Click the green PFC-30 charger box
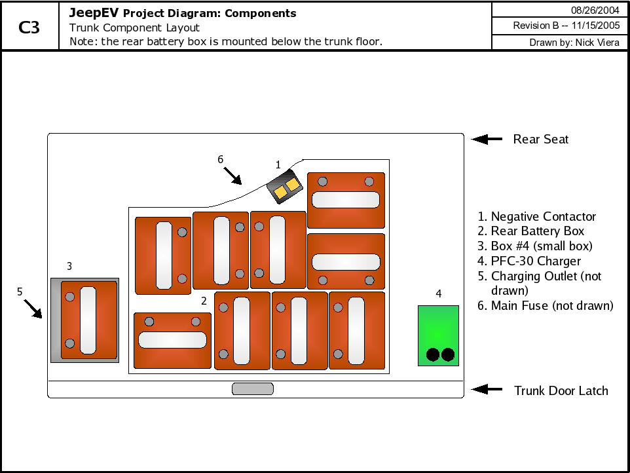tap(438, 335)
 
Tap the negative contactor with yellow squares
tap(284, 187)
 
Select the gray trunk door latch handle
tap(253, 388)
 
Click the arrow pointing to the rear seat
tap(487, 139)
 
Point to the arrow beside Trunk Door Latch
tap(487, 389)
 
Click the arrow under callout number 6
tap(233, 176)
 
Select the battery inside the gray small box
tap(89, 320)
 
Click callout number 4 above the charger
tap(439, 293)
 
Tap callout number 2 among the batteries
tap(204, 301)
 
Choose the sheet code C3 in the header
tap(29, 28)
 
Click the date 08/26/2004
tap(595, 10)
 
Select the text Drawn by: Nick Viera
tap(574, 43)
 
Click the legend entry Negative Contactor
tap(536, 216)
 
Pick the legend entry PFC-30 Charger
tap(528, 261)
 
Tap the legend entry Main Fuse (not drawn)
tap(546, 306)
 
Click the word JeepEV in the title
tap(94, 13)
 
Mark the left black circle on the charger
tap(433, 354)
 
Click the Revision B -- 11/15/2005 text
tap(566, 26)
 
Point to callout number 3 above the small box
tap(69, 266)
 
